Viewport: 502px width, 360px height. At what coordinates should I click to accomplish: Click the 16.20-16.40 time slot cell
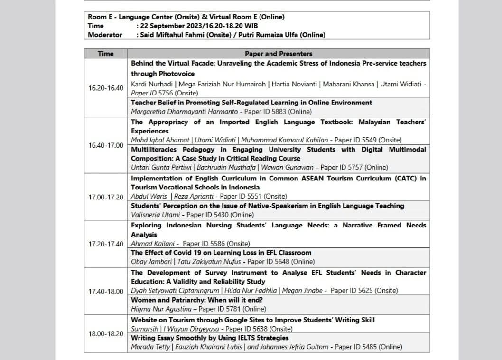[x=105, y=88]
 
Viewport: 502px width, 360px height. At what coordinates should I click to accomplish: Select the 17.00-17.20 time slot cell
[x=105, y=197]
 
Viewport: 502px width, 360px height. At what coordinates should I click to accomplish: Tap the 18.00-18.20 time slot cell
[x=105, y=333]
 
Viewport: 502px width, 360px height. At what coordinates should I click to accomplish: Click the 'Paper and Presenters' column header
[x=279, y=54]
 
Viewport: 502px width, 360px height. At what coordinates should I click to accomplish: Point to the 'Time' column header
[x=105, y=54]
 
